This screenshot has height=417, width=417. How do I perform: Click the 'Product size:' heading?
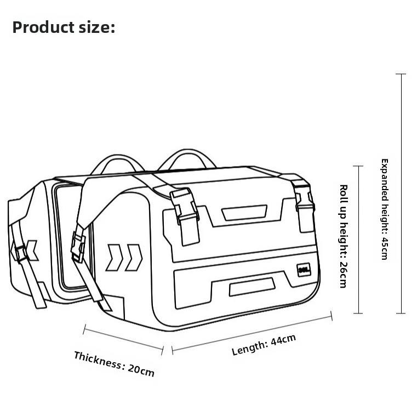[64, 27]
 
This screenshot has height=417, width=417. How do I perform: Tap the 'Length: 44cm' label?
[264, 345]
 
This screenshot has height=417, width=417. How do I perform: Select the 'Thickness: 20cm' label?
[114, 363]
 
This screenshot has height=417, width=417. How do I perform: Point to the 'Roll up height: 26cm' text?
[343, 236]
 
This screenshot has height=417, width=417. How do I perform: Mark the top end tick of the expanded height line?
[401, 74]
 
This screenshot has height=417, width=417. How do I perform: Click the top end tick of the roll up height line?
[358, 166]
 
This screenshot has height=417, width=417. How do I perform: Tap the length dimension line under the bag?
[252, 332]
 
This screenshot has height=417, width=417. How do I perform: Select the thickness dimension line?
[123, 338]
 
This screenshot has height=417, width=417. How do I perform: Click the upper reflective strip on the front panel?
[244, 212]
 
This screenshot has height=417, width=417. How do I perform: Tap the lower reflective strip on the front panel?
[252, 285]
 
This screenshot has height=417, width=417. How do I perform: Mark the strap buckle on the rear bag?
[21, 253]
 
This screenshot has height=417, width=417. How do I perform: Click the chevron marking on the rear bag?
[31, 250]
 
